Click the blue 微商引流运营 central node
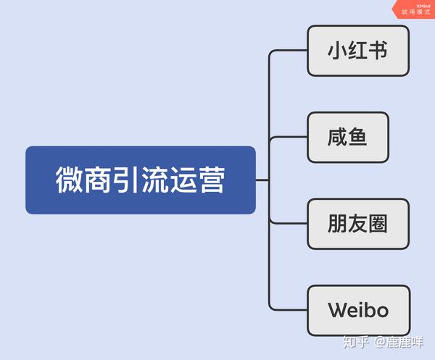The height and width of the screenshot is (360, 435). pos(140,180)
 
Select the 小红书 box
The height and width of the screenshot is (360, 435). pos(358,51)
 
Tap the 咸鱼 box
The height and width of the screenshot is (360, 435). pos(349,137)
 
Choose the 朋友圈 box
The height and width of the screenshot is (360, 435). pos(358,224)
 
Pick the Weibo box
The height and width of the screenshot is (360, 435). pos(358,311)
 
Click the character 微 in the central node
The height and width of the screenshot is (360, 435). pos(68,180)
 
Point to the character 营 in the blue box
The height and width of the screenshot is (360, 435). pos(212,180)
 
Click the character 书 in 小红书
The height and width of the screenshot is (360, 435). pos(378,51)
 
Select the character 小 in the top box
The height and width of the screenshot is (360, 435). pos(338,51)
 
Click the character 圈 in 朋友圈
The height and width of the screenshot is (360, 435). pos(378,224)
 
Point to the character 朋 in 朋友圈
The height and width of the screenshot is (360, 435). pos(338,224)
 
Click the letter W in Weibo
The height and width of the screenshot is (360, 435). pos(338,311)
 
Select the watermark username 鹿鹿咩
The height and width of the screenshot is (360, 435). pos(405,343)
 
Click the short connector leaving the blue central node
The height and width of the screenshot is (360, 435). pos(262,180)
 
